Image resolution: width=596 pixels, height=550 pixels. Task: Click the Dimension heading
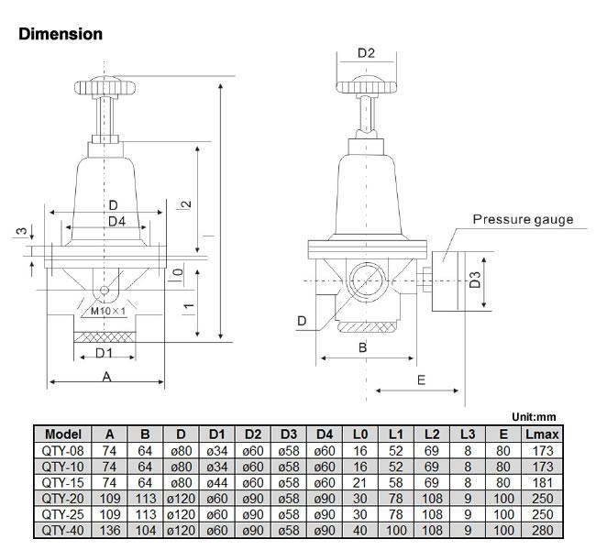coord(61,34)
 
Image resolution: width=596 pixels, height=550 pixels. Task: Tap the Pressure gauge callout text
coord(523,219)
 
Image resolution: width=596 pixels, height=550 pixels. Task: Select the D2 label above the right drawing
coord(366,53)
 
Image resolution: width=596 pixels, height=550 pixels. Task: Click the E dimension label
coord(421,379)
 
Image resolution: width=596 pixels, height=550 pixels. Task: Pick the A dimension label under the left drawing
coord(106,376)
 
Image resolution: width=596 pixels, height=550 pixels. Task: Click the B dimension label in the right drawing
coord(362,347)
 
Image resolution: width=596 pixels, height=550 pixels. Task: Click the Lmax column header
coord(540,434)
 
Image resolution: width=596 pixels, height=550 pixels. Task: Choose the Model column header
coord(62,434)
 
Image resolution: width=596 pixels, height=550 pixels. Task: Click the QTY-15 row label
coord(62,480)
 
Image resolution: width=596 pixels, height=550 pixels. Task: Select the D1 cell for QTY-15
coord(217,480)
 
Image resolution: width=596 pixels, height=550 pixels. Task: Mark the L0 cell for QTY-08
coord(360,449)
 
